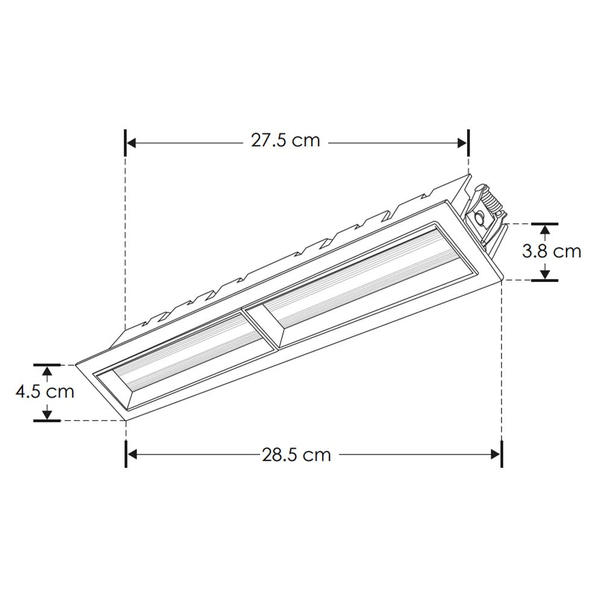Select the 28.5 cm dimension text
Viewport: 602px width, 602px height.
[x=296, y=455]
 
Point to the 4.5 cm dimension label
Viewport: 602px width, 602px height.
[x=45, y=392]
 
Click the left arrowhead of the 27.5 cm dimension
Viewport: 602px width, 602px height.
[x=132, y=143]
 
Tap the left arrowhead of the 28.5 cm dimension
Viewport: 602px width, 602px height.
[x=133, y=455]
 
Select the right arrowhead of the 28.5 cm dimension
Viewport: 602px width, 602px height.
[x=495, y=455]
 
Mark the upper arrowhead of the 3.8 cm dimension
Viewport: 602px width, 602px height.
[x=545, y=229]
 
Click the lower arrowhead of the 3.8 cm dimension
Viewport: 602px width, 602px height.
[x=545, y=275]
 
